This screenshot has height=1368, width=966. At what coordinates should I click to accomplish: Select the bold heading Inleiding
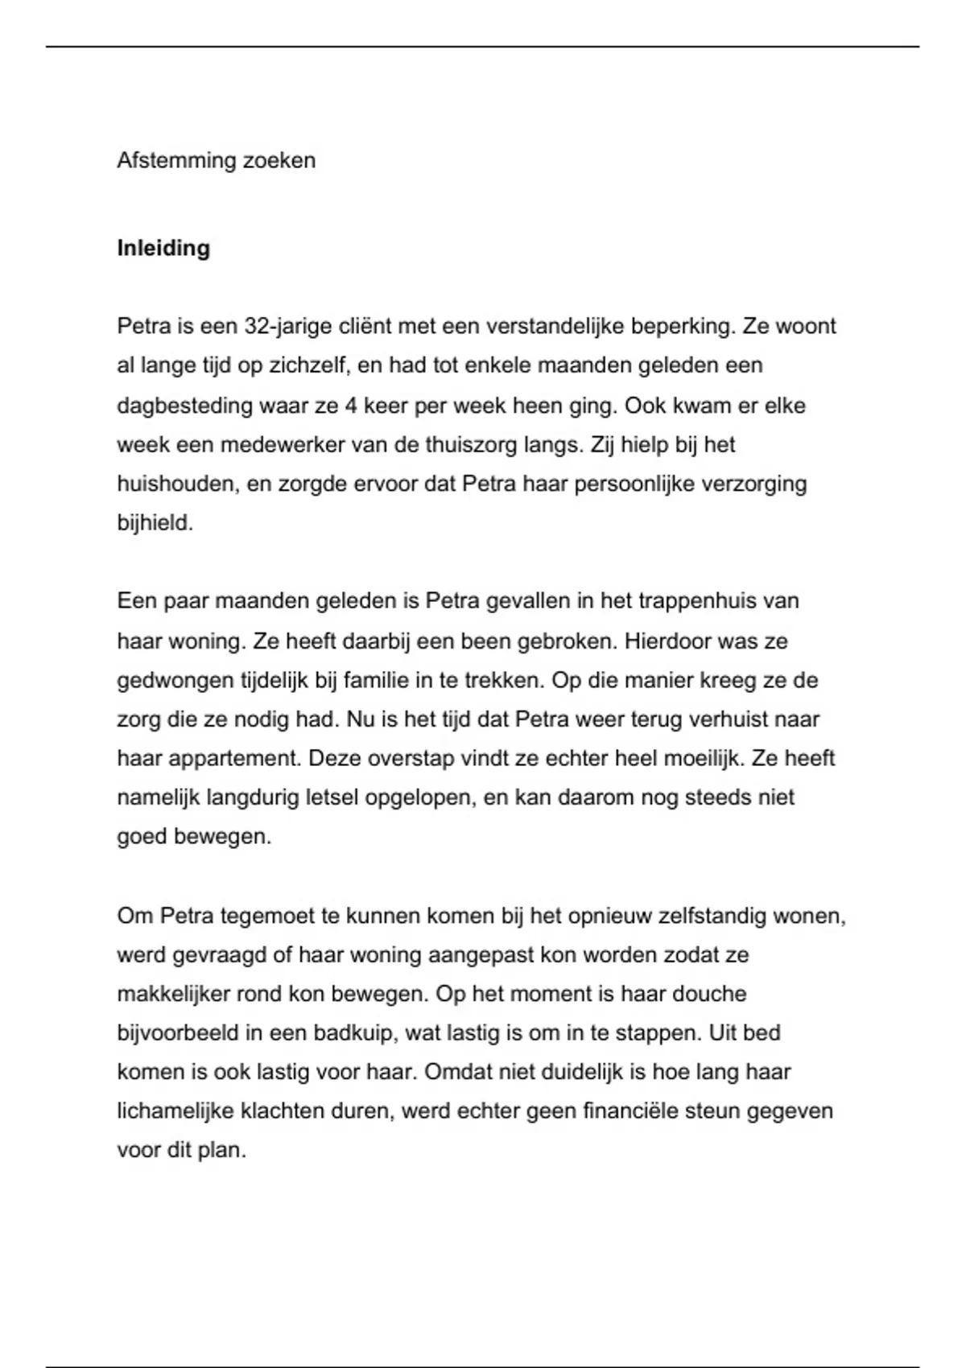coord(163,248)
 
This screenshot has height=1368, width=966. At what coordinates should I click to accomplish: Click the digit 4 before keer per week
coord(350,406)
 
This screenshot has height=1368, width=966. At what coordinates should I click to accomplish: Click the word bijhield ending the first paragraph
coord(155,524)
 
